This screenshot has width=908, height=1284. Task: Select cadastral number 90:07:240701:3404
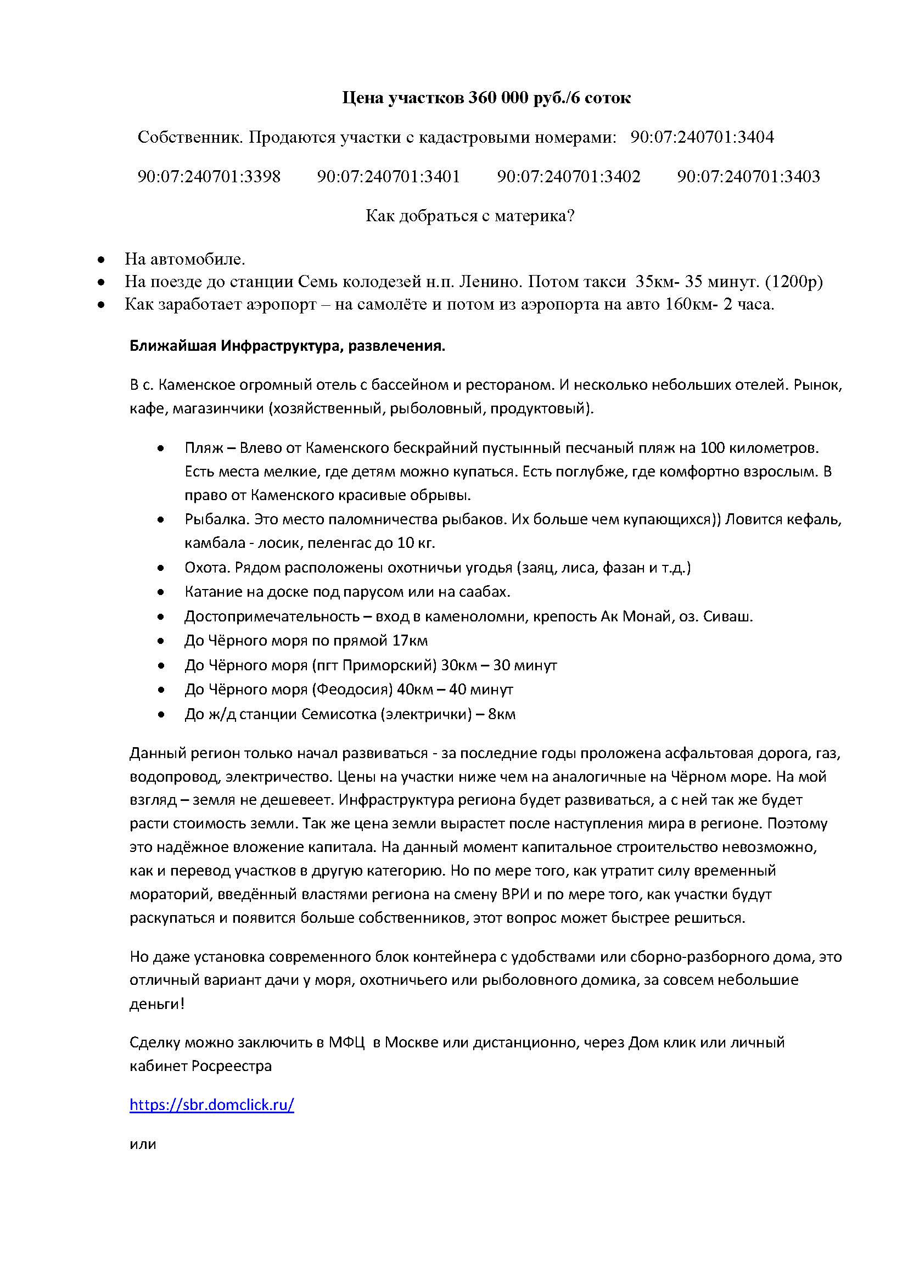coord(702,137)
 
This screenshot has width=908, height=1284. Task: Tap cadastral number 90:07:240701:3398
coord(209,177)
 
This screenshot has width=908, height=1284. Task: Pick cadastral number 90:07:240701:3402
coord(569,177)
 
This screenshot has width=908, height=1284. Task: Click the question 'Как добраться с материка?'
coord(470,216)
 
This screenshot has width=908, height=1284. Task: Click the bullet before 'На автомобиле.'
coord(100,260)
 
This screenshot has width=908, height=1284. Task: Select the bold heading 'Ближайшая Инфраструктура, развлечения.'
coord(287,346)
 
